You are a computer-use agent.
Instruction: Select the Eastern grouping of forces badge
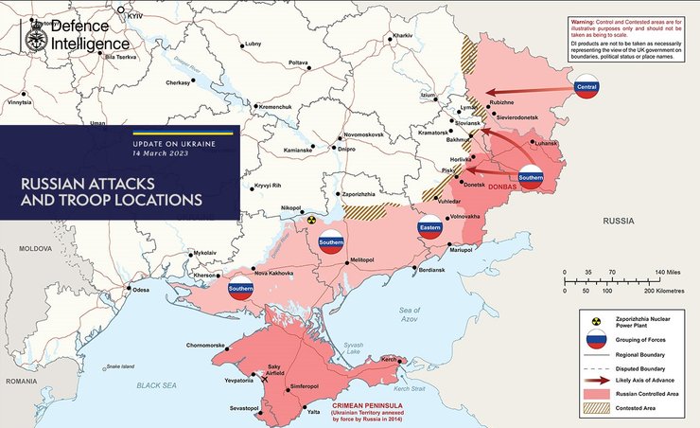pos(430,228)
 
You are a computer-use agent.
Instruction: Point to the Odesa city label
pos(141,289)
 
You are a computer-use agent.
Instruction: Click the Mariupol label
pos(461,249)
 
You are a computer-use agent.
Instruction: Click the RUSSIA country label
pos(618,222)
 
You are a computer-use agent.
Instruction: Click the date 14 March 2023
pos(160,152)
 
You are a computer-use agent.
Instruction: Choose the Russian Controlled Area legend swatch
pos(595,391)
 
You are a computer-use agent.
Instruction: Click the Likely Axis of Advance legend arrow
pos(595,378)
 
